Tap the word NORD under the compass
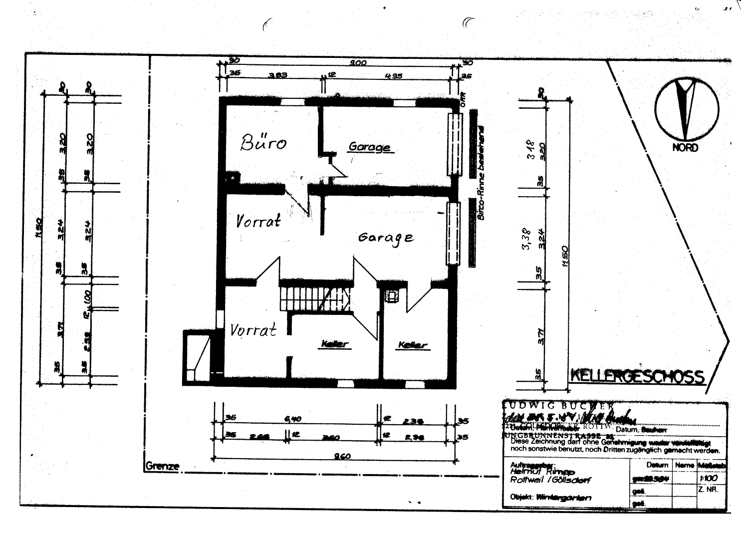click(x=685, y=148)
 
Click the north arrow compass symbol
click(x=687, y=108)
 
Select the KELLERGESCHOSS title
click(x=637, y=376)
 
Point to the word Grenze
click(x=162, y=466)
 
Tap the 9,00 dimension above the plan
click(x=358, y=63)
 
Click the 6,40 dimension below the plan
click(x=292, y=419)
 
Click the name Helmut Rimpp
click(x=542, y=472)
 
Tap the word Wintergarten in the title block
click(x=563, y=498)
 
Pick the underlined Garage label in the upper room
click(x=369, y=147)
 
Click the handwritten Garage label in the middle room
click(x=386, y=238)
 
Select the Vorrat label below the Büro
click(x=258, y=221)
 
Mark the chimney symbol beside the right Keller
click(x=392, y=296)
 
